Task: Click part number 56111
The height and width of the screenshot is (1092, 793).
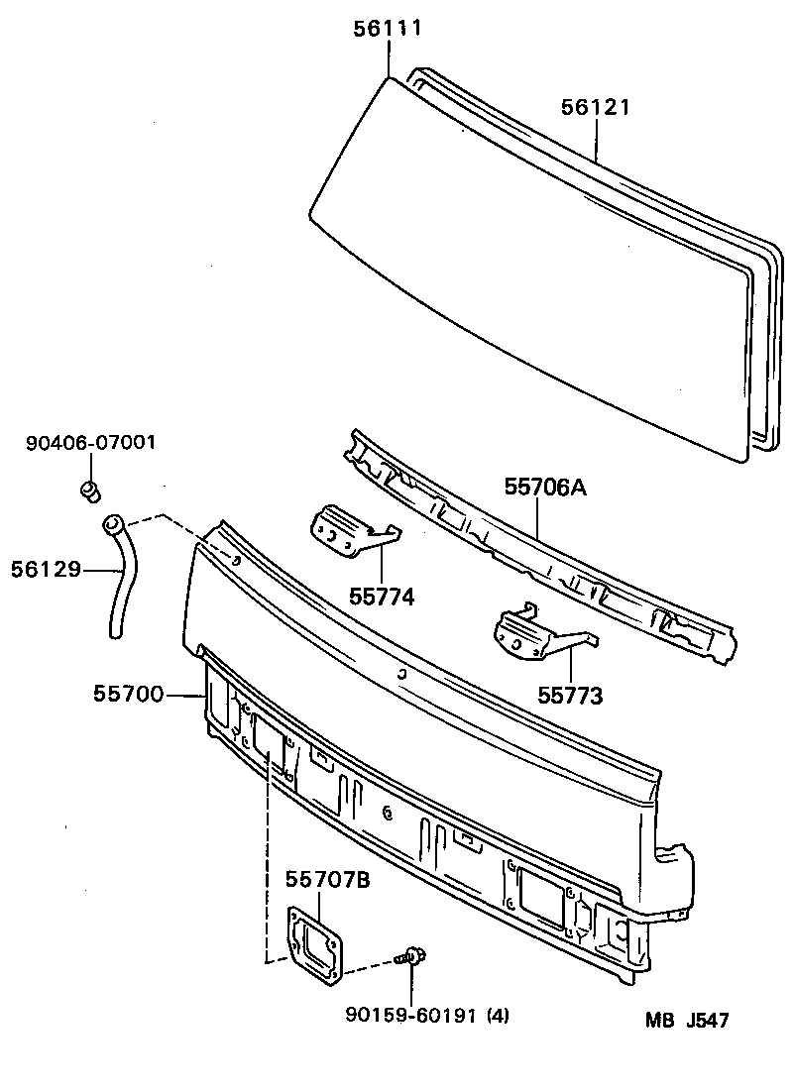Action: tap(389, 29)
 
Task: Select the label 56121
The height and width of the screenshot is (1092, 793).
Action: tap(596, 108)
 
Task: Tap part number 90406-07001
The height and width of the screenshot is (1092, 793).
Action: tap(90, 442)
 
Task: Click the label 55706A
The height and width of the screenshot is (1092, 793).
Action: tap(545, 487)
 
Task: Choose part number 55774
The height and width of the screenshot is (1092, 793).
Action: tap(382, 597)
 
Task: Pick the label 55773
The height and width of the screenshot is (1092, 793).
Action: tap(570, 696)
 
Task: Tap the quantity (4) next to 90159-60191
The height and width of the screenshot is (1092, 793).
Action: tap(497, 1015)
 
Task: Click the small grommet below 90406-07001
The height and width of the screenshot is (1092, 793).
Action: tap(90, 489)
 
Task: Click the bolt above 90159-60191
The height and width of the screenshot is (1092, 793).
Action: tap(410, 957)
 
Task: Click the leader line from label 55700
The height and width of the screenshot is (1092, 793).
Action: tap(184, 696)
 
